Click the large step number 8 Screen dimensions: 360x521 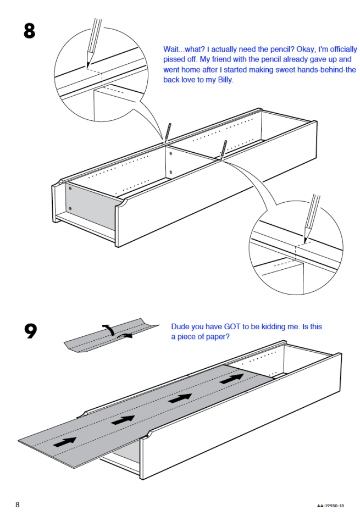(29, 31)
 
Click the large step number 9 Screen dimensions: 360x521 (31, 331)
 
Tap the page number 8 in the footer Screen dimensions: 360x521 (17, 505)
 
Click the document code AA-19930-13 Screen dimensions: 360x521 (330, 506)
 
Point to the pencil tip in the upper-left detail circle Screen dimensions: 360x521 (87, 67)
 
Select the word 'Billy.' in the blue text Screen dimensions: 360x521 (225, 80)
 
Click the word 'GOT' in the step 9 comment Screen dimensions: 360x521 (232, 326)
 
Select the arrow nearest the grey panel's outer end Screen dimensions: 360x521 (64, 442)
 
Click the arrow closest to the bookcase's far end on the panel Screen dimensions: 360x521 (231, 379)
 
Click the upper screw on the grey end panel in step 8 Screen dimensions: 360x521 (70, 189)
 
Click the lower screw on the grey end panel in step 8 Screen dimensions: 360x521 (70, 209)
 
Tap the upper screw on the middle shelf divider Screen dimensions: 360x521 (170, 154)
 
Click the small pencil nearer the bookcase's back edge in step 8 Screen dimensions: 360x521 (167, 132)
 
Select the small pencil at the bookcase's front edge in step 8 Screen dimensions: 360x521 (223, 149)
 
